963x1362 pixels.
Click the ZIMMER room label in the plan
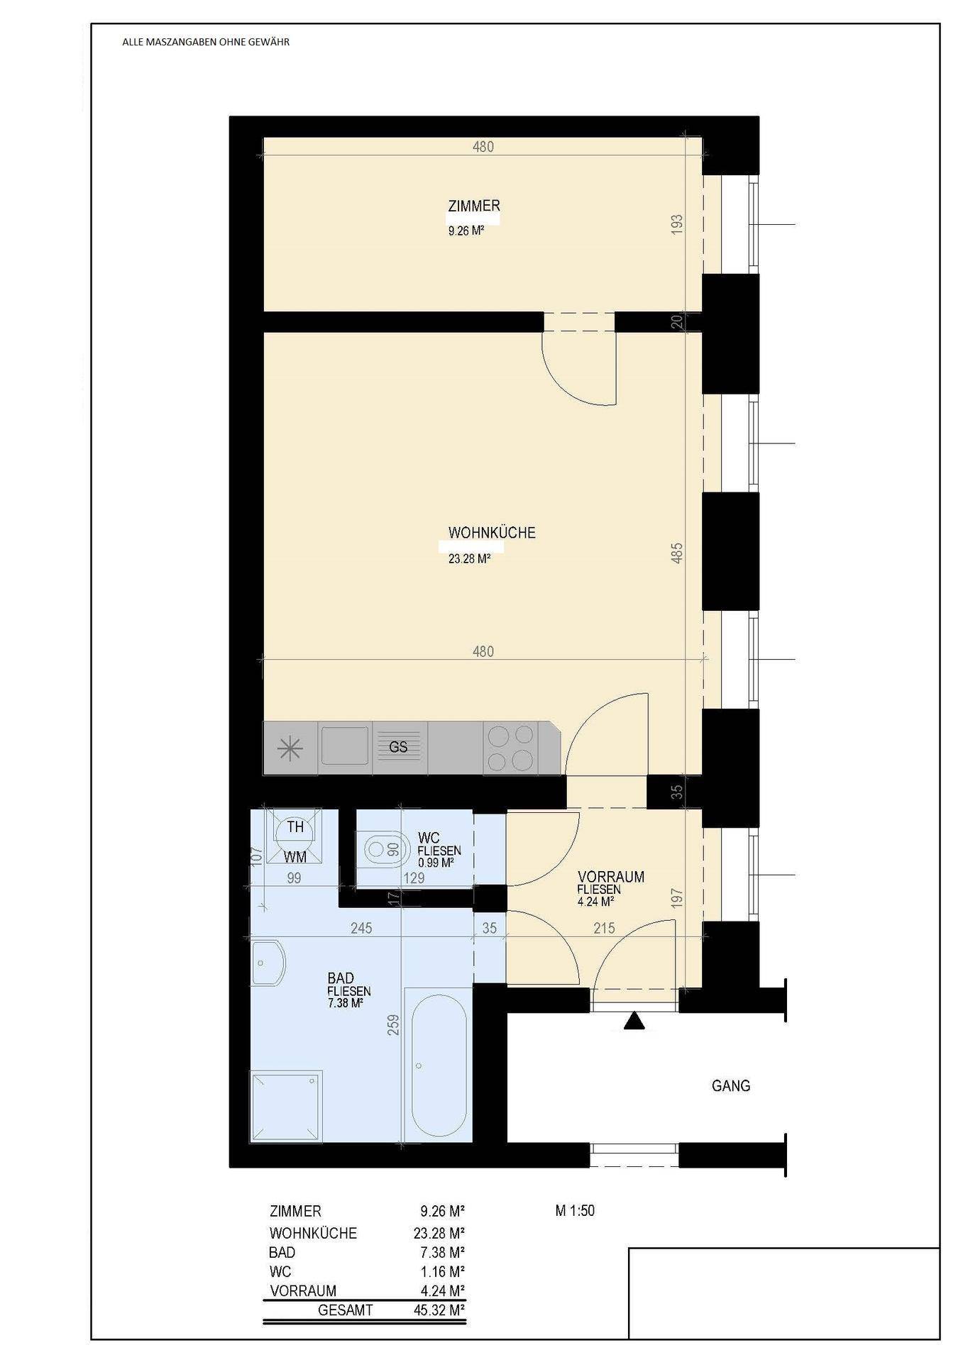[x=474, y=206]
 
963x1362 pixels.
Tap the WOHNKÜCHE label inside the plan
[x=492, y=533]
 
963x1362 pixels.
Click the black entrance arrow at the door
[x=634, y=1021]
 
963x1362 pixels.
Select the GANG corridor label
[x=731, y=1085]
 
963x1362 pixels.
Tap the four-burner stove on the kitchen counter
[x=510, y=748]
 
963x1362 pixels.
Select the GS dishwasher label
[x=398, y=747]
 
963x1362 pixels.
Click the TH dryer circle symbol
[x=295, y=827]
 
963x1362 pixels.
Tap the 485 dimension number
[x=677, y=553]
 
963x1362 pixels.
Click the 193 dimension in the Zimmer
[x=677, y=224]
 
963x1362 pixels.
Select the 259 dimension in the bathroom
[x=395, y=1025]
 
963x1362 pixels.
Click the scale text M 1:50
[x=575, y=1210]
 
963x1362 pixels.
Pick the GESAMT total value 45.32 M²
[x=439, y=1310]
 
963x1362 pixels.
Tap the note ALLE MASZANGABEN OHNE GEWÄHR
[x=206, y=42]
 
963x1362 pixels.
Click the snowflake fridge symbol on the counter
[x=290, y=749]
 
